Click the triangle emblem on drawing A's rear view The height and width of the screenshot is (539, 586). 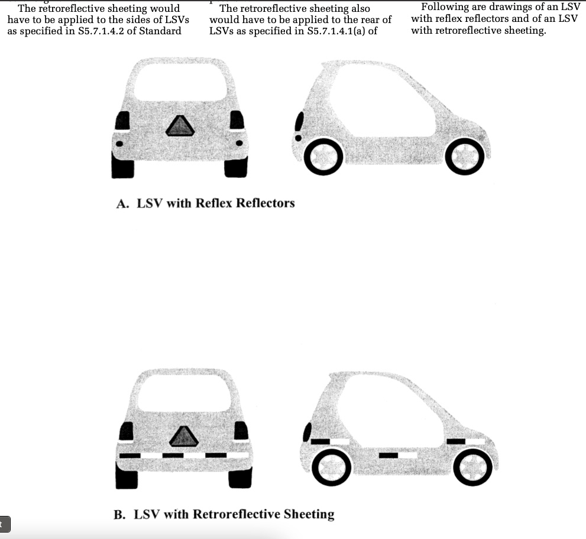pos(180,126)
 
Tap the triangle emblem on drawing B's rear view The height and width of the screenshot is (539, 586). pos(183,437)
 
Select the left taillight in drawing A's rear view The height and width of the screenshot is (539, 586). pos(122,121)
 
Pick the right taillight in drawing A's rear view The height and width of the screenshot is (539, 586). pos(237,120)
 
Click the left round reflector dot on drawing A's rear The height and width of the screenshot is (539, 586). pos(119,144)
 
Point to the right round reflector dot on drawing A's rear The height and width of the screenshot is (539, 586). pos(239,142)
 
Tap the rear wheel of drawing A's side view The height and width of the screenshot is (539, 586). pos(323,157)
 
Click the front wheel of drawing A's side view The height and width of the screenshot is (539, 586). pos(465,157)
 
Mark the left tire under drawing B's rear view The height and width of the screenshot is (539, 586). pos(127,478)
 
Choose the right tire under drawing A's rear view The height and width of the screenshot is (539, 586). pos(236,167)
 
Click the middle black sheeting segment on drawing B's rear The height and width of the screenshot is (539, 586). pos(173,455)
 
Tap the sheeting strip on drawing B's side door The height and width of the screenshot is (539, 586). pos(398,455)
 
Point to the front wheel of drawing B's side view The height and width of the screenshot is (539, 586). pos(472,467)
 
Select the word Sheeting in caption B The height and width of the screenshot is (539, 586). pos(309,514)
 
